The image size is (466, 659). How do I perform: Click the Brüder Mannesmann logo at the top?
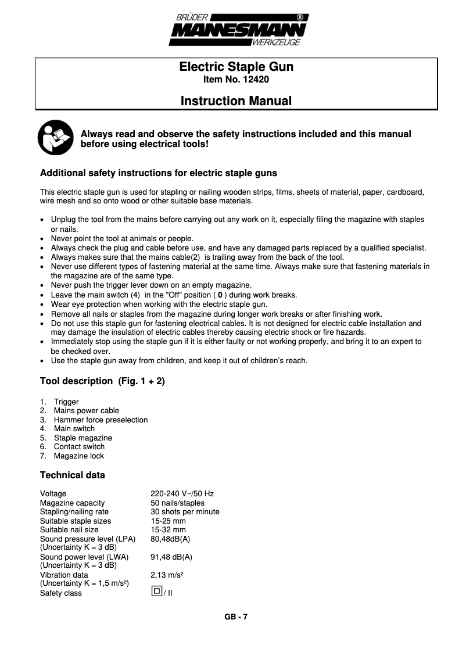[236, 30]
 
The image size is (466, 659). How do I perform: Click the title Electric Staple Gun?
[236, 67]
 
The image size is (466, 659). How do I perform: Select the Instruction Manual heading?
[236, 101]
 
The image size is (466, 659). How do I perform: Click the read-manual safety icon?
[55, 138]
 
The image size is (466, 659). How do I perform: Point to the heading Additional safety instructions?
[158, 173]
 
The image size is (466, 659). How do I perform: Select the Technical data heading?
[72, 475]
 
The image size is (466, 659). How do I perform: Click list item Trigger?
[66, 402]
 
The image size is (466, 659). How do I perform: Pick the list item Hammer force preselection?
[101, 420]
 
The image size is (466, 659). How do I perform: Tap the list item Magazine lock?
[79, 456]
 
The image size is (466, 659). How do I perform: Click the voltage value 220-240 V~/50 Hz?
[182, 494]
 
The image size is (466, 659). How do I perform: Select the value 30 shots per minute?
[185, 512]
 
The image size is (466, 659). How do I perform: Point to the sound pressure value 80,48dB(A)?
[170, 539]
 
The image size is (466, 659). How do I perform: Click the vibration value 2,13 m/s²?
[167, 575]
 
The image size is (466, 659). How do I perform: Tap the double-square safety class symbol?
[156, 592]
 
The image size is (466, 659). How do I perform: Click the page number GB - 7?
[236, 617]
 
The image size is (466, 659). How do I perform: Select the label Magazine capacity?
[72, 503]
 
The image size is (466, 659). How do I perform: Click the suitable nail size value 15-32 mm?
[168, 529]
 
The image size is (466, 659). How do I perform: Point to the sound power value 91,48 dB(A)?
[171, 557]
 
